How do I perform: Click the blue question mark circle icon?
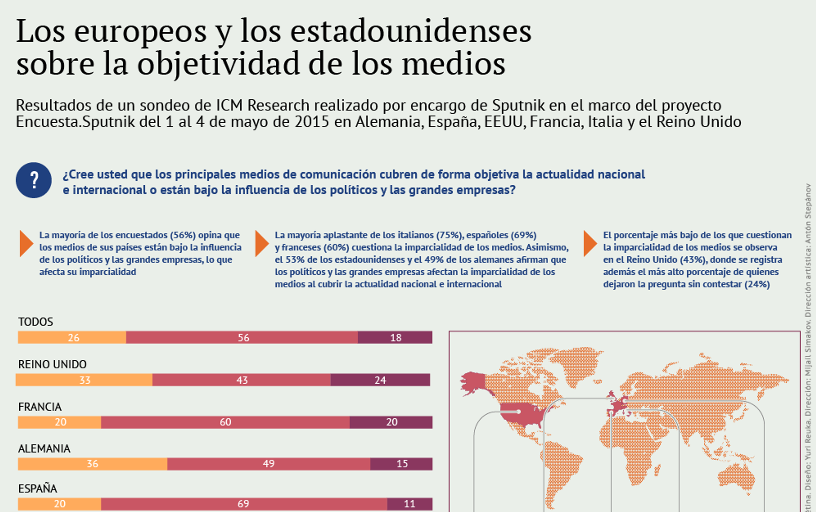tap(34, 180)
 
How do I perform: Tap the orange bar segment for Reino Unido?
tap(84, 380)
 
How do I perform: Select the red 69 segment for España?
tap(244, 504)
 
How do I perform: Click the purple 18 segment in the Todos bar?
tap(395, 337)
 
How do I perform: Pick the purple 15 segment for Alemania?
tap(401, 464)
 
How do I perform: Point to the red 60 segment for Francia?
tap(225, 422)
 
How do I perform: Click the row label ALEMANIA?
tap(44, 449)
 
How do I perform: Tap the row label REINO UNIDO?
tap(52, 364)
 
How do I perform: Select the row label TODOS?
tap(36, 322)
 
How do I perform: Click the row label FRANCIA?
tap(40, 407)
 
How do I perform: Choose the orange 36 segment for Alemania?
tap(92, 464)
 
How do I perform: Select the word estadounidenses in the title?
tap(411, 31)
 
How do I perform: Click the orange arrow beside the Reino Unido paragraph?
tap(590, 243)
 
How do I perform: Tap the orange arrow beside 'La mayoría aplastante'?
tap(261, 243)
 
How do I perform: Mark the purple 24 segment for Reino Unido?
tap(380, 380)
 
